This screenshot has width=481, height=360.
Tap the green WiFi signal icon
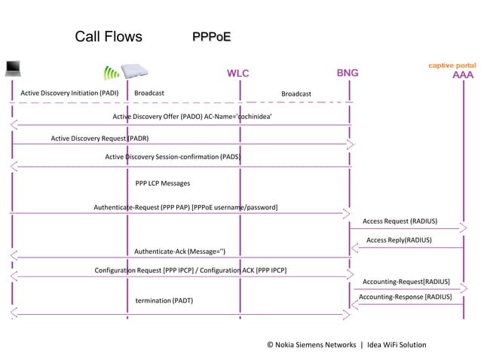click(x=111, y=72)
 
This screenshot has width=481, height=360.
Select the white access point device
click(x=137, y=69)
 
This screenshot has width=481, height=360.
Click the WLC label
click(x=238, y=74)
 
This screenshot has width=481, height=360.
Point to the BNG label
click(x=348, y=73)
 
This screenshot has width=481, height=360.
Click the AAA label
click(x=462, y=75)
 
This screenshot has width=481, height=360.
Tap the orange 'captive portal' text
click(x=452, y=66)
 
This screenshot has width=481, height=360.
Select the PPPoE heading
click(x=211, y=37)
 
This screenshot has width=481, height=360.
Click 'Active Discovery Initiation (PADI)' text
click(x=70, y=93)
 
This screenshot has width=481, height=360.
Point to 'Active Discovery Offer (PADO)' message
click(x=192, y=117)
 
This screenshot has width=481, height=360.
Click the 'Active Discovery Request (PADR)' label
click(x=100, y=139)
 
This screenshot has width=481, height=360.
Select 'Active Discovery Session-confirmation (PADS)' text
click(x=173, y=157)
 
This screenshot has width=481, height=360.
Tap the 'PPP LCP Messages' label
click(x=163, y=183)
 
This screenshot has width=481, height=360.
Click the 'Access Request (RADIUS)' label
click(x=400, y=221)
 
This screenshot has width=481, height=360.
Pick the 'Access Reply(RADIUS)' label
click(x=399, y=240)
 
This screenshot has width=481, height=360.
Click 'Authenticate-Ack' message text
click(x=179, y=251)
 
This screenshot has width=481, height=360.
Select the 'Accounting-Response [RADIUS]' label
click(x=405, y=297)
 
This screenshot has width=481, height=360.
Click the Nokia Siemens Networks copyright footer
click(x=346, y=345)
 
